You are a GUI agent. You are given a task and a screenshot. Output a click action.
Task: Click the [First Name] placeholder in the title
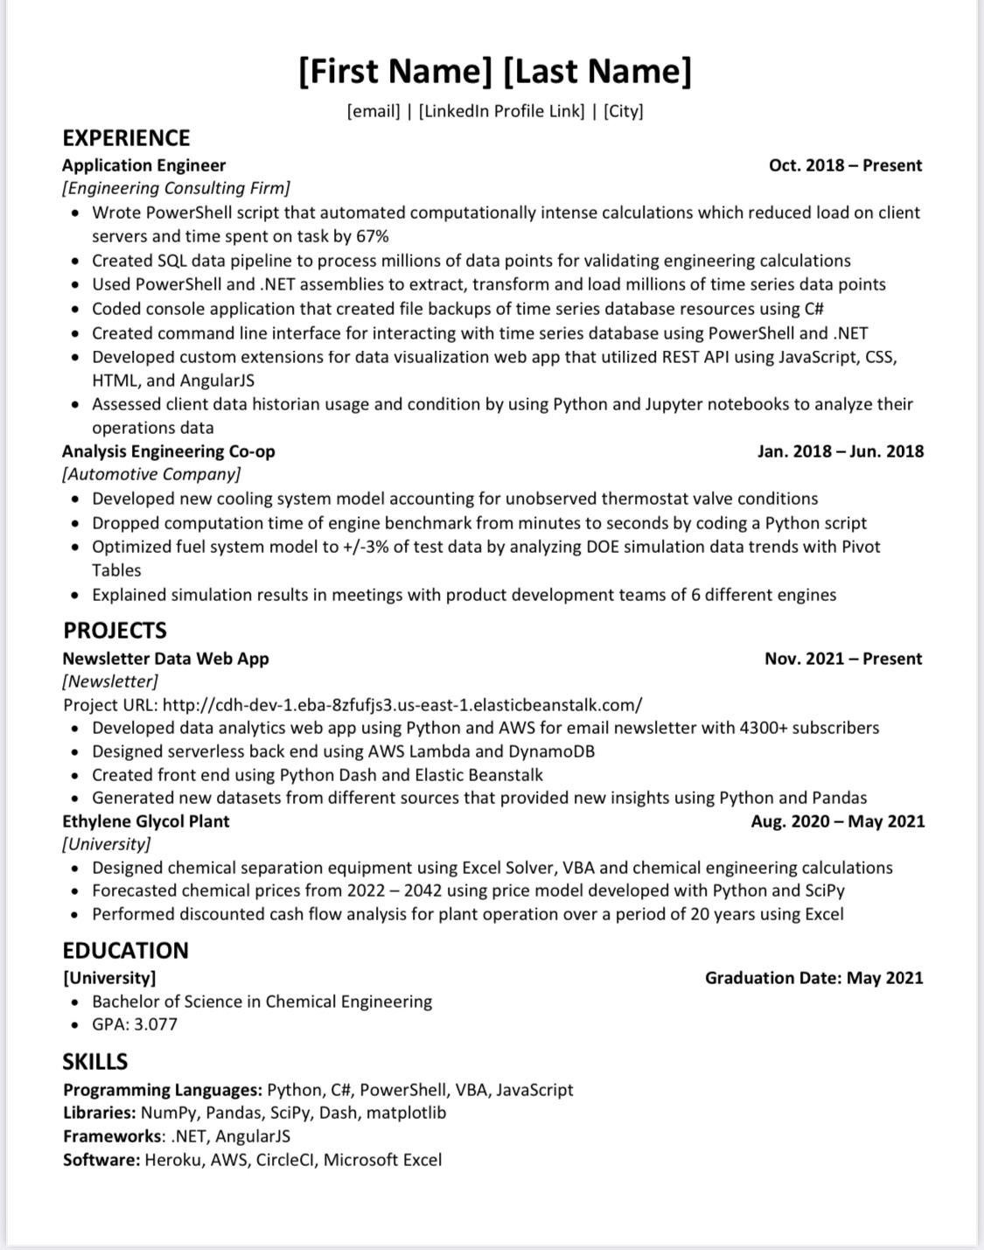395,71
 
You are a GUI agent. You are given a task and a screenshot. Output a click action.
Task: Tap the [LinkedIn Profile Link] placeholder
501,111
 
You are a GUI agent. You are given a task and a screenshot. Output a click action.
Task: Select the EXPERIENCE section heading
126,138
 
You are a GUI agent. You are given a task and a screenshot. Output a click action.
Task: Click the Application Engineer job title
143,165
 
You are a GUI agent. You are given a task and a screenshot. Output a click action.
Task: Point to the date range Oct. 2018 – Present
845,165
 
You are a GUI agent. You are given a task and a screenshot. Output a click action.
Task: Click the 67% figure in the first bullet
373,236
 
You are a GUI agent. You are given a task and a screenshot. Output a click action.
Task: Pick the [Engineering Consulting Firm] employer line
176,188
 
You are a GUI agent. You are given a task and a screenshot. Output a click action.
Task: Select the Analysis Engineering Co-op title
168,451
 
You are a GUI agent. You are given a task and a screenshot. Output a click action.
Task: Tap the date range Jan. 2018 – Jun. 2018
840,451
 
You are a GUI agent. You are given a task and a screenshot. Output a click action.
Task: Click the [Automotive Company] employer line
151,474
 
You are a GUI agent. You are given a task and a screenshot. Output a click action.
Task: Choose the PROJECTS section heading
115,631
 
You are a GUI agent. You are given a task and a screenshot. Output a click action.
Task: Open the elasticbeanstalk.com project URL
402,705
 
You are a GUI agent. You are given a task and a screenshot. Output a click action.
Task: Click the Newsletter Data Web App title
165,659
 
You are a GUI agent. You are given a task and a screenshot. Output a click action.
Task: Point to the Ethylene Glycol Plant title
145,821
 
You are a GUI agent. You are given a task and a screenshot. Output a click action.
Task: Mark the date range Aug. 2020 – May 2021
837,821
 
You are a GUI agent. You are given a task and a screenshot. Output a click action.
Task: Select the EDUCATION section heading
125,951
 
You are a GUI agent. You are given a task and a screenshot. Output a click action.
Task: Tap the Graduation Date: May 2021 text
813,978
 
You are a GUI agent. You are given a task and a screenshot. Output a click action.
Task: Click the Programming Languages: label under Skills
163,1090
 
